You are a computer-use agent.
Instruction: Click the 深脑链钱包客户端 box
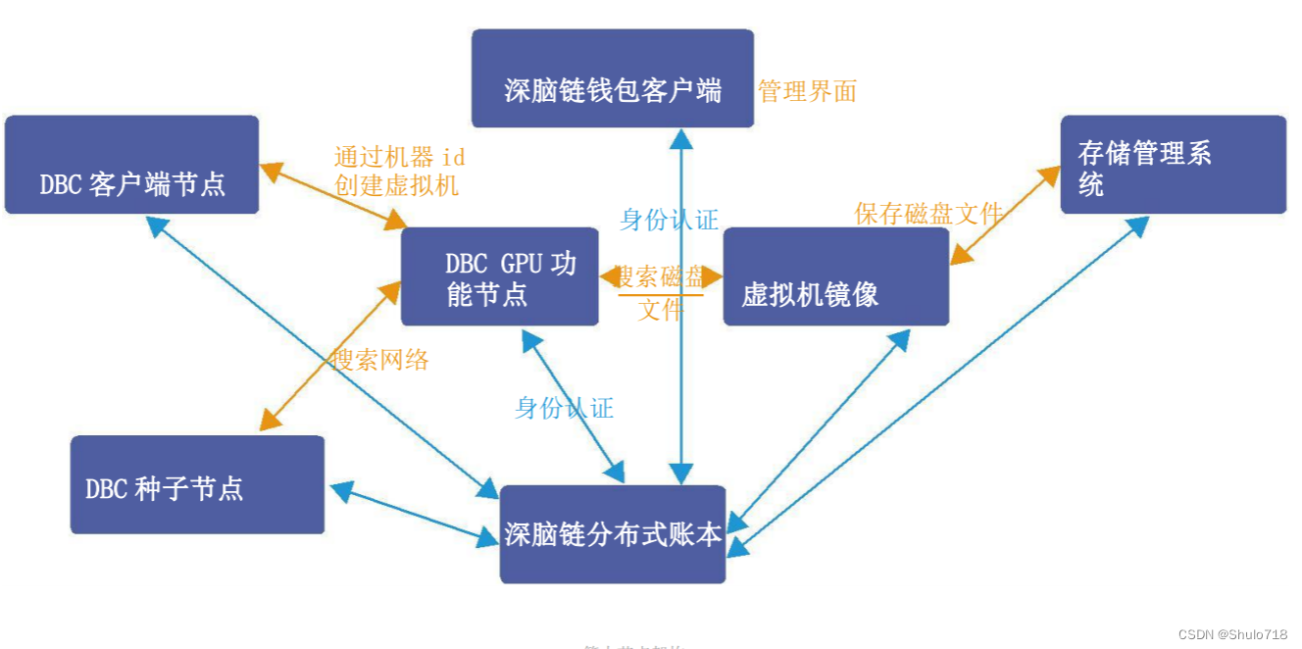click(x=612, y=78)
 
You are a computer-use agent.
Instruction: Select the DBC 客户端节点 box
click(x=131, y=165)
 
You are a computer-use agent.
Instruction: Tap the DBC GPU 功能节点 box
click(x=499, y=277)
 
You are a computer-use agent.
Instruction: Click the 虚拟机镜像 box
click(x=835, y=277)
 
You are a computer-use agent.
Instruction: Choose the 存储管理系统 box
click(x=1173, y=165)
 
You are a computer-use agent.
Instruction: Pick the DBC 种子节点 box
click(x=197, y=484)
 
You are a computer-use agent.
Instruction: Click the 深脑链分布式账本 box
click(x=613, y=533)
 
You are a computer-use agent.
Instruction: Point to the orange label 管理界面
click(x=807, y=92)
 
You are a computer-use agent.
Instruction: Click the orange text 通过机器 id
click(x=399, y=157)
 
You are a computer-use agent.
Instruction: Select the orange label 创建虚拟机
click(x=396, y=184)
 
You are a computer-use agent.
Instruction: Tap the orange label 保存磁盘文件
click(x=927, y=214)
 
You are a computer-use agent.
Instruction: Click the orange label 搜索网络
click(x=380, y=360)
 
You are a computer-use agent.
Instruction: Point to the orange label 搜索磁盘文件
click(x=660, y=292)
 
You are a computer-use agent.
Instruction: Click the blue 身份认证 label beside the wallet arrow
click(x=670, y=220)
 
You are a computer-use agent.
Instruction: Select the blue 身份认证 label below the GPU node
click(x=564, y=408)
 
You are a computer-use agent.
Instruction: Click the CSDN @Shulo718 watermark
click(x=1232, y=634)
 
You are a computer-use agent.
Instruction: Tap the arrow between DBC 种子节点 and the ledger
click(x=415, y=513)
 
